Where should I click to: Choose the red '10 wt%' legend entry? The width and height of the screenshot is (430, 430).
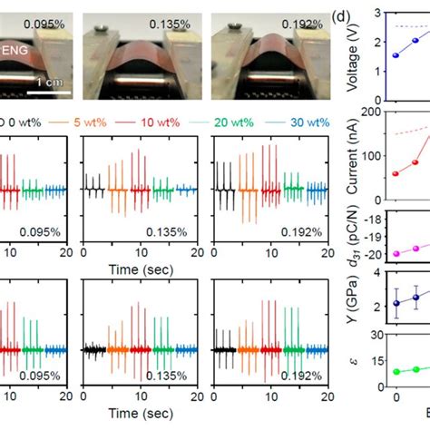[171, 117]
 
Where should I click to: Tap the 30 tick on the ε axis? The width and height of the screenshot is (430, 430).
[379, 362]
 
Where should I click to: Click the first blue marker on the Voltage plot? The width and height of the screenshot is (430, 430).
[395, 55]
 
